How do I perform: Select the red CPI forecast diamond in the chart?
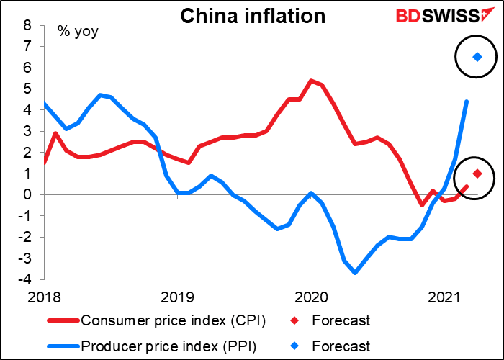(x=477, y=174)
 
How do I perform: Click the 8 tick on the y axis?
(x=27, y=25)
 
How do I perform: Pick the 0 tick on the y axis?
(x=27, y=194)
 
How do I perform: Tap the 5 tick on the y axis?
(x=27, y=89)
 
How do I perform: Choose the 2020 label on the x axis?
(x=312, y=297)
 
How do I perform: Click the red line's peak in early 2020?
(x=310, y=81)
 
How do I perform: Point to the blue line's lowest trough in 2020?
(x=355, y=272)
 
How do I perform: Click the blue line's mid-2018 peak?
(x=100, y=95)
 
